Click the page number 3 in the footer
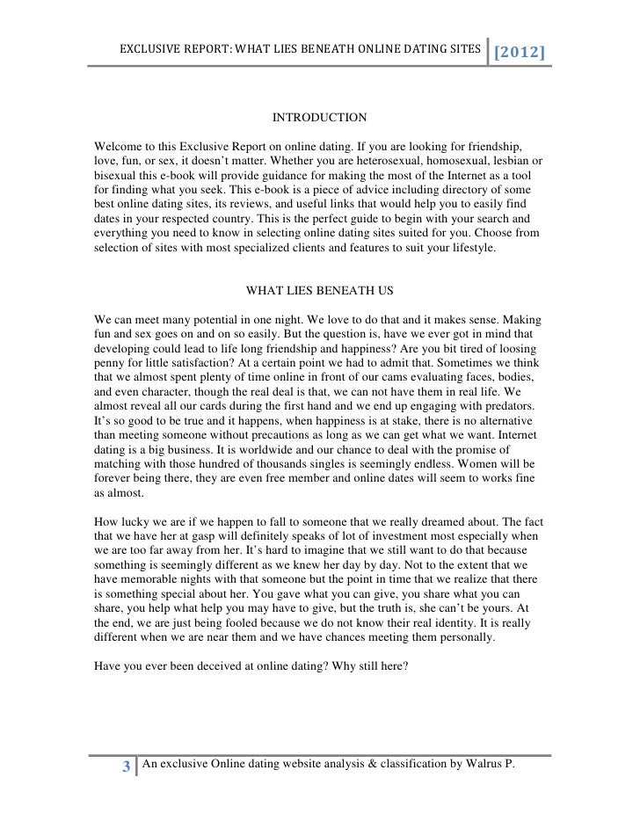click(x=127, y=767)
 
